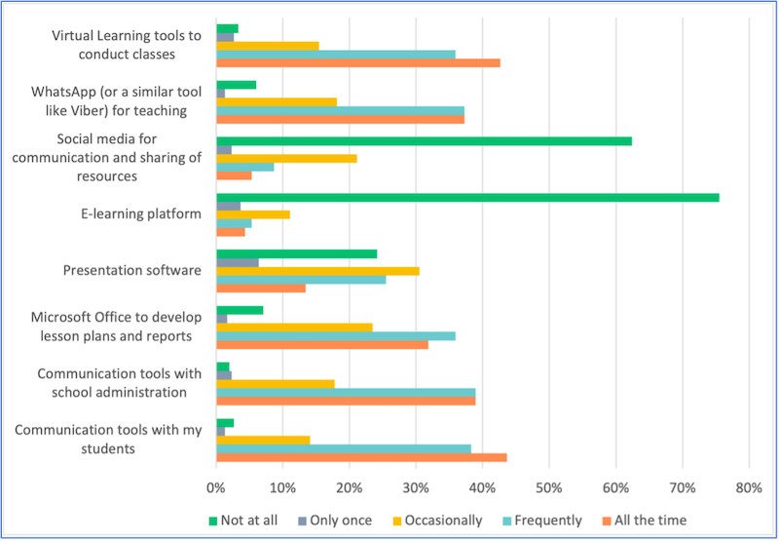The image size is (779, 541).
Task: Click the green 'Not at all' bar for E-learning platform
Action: [x=467, y=197]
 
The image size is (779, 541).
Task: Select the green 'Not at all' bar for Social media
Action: [x=424, y=140]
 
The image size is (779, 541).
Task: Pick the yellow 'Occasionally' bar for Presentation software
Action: [x=317, y=270]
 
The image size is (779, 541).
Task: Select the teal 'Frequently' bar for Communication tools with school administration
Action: [x=346, y=392]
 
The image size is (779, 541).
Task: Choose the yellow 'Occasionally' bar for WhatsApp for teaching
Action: [x=277, y=101]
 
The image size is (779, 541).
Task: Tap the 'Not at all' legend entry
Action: [x=243, y=521]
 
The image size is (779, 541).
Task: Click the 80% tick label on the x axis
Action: [x=748, y=486]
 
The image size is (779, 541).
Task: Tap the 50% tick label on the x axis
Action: [x=548, y=486]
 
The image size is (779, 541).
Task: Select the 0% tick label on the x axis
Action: [x=216, y=486]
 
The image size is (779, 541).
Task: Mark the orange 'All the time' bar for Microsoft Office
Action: [x=322, y=344]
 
